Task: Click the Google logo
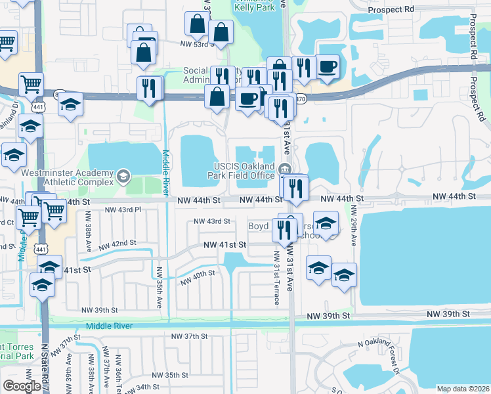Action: click(22, 386)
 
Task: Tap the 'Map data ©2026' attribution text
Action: click(463, 389)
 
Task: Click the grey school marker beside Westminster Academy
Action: click(123, 176)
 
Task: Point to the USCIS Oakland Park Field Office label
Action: click(244, 170)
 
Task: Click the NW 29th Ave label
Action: click(353, 225)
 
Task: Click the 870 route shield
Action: click(300, 98)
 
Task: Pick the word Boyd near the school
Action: click(259, 226)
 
